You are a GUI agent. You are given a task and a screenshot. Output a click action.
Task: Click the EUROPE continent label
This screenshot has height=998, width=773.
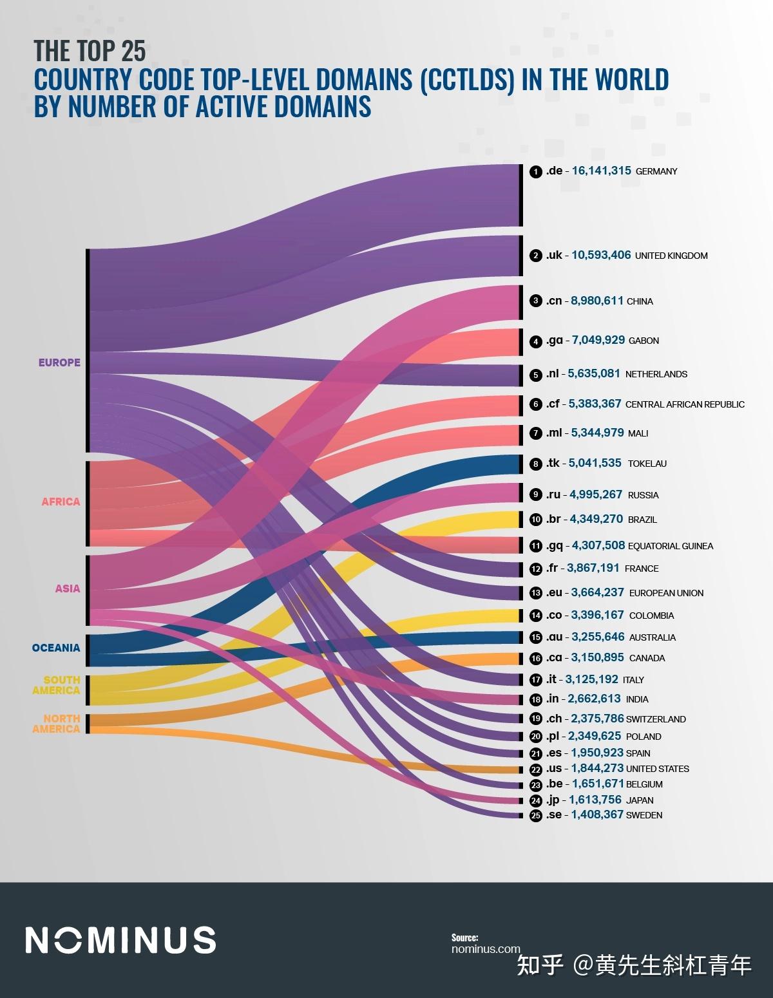(59, 362)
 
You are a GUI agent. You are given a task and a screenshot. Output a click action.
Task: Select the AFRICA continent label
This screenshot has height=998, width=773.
(61, 502)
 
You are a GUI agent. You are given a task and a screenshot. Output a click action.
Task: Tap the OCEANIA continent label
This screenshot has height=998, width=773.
(56, 648)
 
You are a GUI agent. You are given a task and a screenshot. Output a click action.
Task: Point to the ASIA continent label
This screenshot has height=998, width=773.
(68, 588)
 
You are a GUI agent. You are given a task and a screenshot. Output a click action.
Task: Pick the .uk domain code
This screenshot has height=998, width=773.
(554, 256)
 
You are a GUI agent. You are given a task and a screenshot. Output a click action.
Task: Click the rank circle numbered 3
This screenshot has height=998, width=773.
(535, 301)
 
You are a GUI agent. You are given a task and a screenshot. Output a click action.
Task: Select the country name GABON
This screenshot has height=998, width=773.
(644, 341)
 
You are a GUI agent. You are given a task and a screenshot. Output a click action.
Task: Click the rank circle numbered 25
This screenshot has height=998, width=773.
(535, 816)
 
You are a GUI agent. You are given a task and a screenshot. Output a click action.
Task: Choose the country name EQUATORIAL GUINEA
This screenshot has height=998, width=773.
(671, 546)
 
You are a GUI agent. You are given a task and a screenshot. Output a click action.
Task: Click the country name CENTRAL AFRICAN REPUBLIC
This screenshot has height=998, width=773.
(685, 404)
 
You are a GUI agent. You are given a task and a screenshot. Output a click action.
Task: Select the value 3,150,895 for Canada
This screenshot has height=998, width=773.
(596, 658)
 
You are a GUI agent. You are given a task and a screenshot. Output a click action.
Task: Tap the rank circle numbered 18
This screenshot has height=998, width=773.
(535, 700)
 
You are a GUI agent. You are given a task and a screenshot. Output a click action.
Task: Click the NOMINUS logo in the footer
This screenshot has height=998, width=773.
(120, 940)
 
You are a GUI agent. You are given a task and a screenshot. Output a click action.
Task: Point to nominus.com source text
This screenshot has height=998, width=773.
(486, 948)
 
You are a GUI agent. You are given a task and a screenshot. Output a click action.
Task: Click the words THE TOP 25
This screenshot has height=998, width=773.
(90, 50)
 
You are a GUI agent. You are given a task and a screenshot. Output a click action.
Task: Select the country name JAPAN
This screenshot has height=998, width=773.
(640, 801)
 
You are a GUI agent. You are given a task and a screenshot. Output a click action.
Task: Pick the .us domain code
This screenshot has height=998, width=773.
(554, 769)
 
